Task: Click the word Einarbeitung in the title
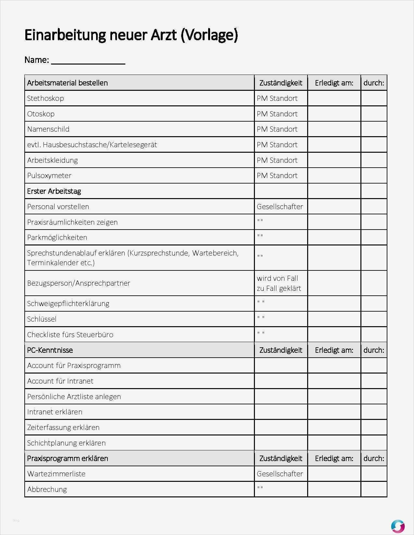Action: [65, 35]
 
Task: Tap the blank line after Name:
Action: [88, 61]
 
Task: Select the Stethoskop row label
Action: [45, 98]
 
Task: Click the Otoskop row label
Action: [41, 114]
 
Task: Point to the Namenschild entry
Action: [48, 129]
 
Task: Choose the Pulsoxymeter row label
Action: [49, 175]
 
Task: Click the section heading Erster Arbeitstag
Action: [54, 191]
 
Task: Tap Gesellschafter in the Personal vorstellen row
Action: [280, 207]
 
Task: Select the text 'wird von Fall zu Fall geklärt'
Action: [279, 283]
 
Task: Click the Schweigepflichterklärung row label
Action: [68, 303]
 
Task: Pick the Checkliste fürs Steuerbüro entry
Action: [70, 335]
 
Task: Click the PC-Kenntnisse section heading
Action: [50, 350]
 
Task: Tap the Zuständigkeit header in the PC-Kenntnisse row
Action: [281, 350]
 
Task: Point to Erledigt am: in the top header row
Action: [334, 83]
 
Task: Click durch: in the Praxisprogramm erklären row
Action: [373, 458]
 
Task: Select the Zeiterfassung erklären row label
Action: [63, 427]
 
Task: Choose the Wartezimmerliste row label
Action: [56, 474]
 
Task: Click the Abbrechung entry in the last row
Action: [47, 489]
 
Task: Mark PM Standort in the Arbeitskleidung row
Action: [277, 160]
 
